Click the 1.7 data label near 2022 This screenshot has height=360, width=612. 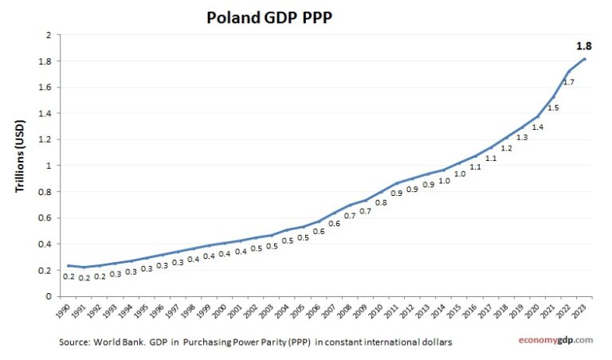coord(568,82)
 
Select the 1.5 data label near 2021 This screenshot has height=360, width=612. coord(553,108)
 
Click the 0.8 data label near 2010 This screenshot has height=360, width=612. coord(381,203)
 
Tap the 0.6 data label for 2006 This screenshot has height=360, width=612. coord(318,231)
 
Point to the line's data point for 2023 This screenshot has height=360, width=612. coord(586,59)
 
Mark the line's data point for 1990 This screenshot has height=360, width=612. coord(69,265)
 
